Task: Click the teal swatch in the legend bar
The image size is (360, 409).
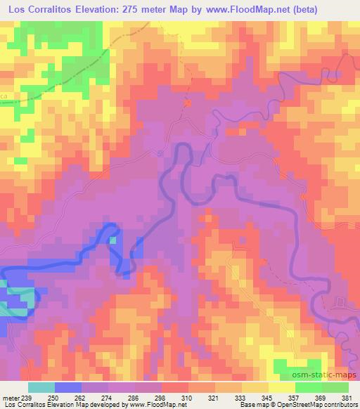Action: (41, 387)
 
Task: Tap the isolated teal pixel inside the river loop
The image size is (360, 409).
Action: (112, 240)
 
